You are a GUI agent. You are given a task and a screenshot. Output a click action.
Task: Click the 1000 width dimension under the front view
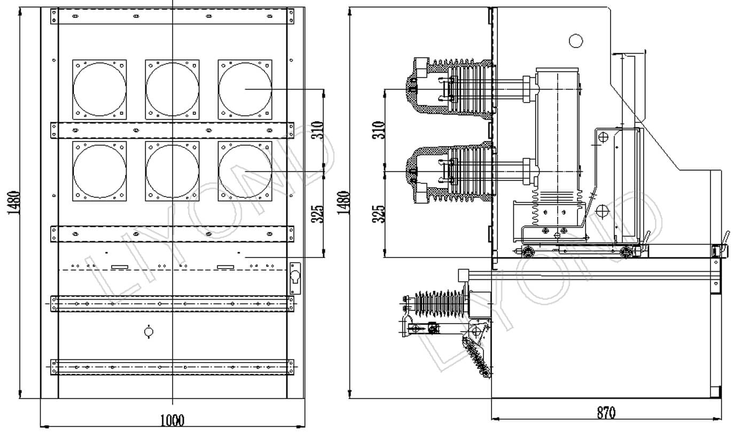coord(172,420)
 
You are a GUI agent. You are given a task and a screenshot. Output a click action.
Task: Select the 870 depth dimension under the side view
coord(606,413)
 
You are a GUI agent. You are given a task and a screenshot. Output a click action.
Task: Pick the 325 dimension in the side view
coord(378,214)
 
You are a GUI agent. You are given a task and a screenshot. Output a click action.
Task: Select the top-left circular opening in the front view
coord(100,89)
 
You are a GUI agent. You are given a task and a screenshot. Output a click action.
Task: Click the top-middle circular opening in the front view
coord(173,89)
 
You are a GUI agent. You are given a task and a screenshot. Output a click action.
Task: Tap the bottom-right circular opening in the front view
coord(245,171)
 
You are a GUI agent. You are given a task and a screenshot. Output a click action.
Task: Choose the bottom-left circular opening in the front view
coord(100,171)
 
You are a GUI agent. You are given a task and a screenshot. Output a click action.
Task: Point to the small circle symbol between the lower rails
coord(149,332)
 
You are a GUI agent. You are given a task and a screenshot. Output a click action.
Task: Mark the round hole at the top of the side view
coord(576,41)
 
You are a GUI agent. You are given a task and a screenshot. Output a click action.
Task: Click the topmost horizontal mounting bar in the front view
coord(172,17)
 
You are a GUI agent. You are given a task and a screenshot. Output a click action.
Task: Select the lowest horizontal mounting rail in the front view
coord(172,367)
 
